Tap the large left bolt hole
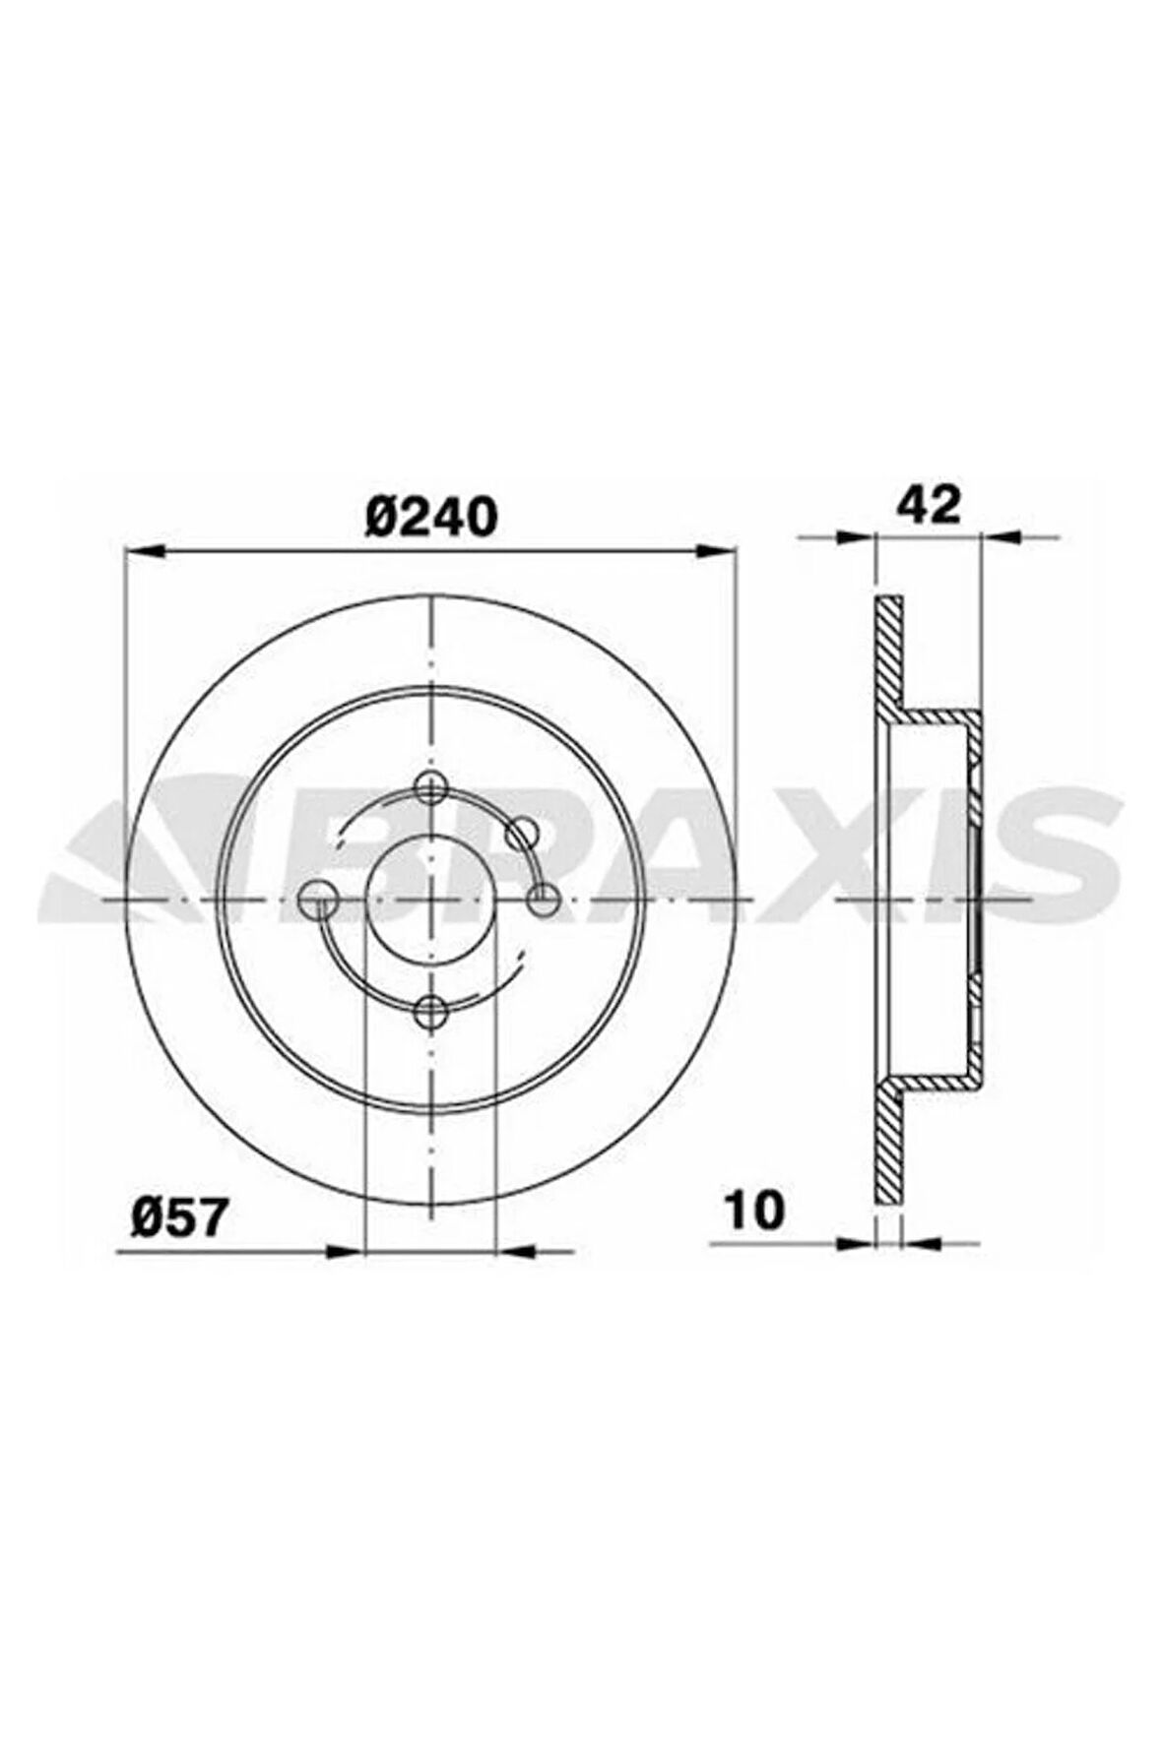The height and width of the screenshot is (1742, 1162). (317, 900)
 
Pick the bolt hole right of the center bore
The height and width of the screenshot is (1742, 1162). (543, 900)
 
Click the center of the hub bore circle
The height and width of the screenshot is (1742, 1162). (431, 900)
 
